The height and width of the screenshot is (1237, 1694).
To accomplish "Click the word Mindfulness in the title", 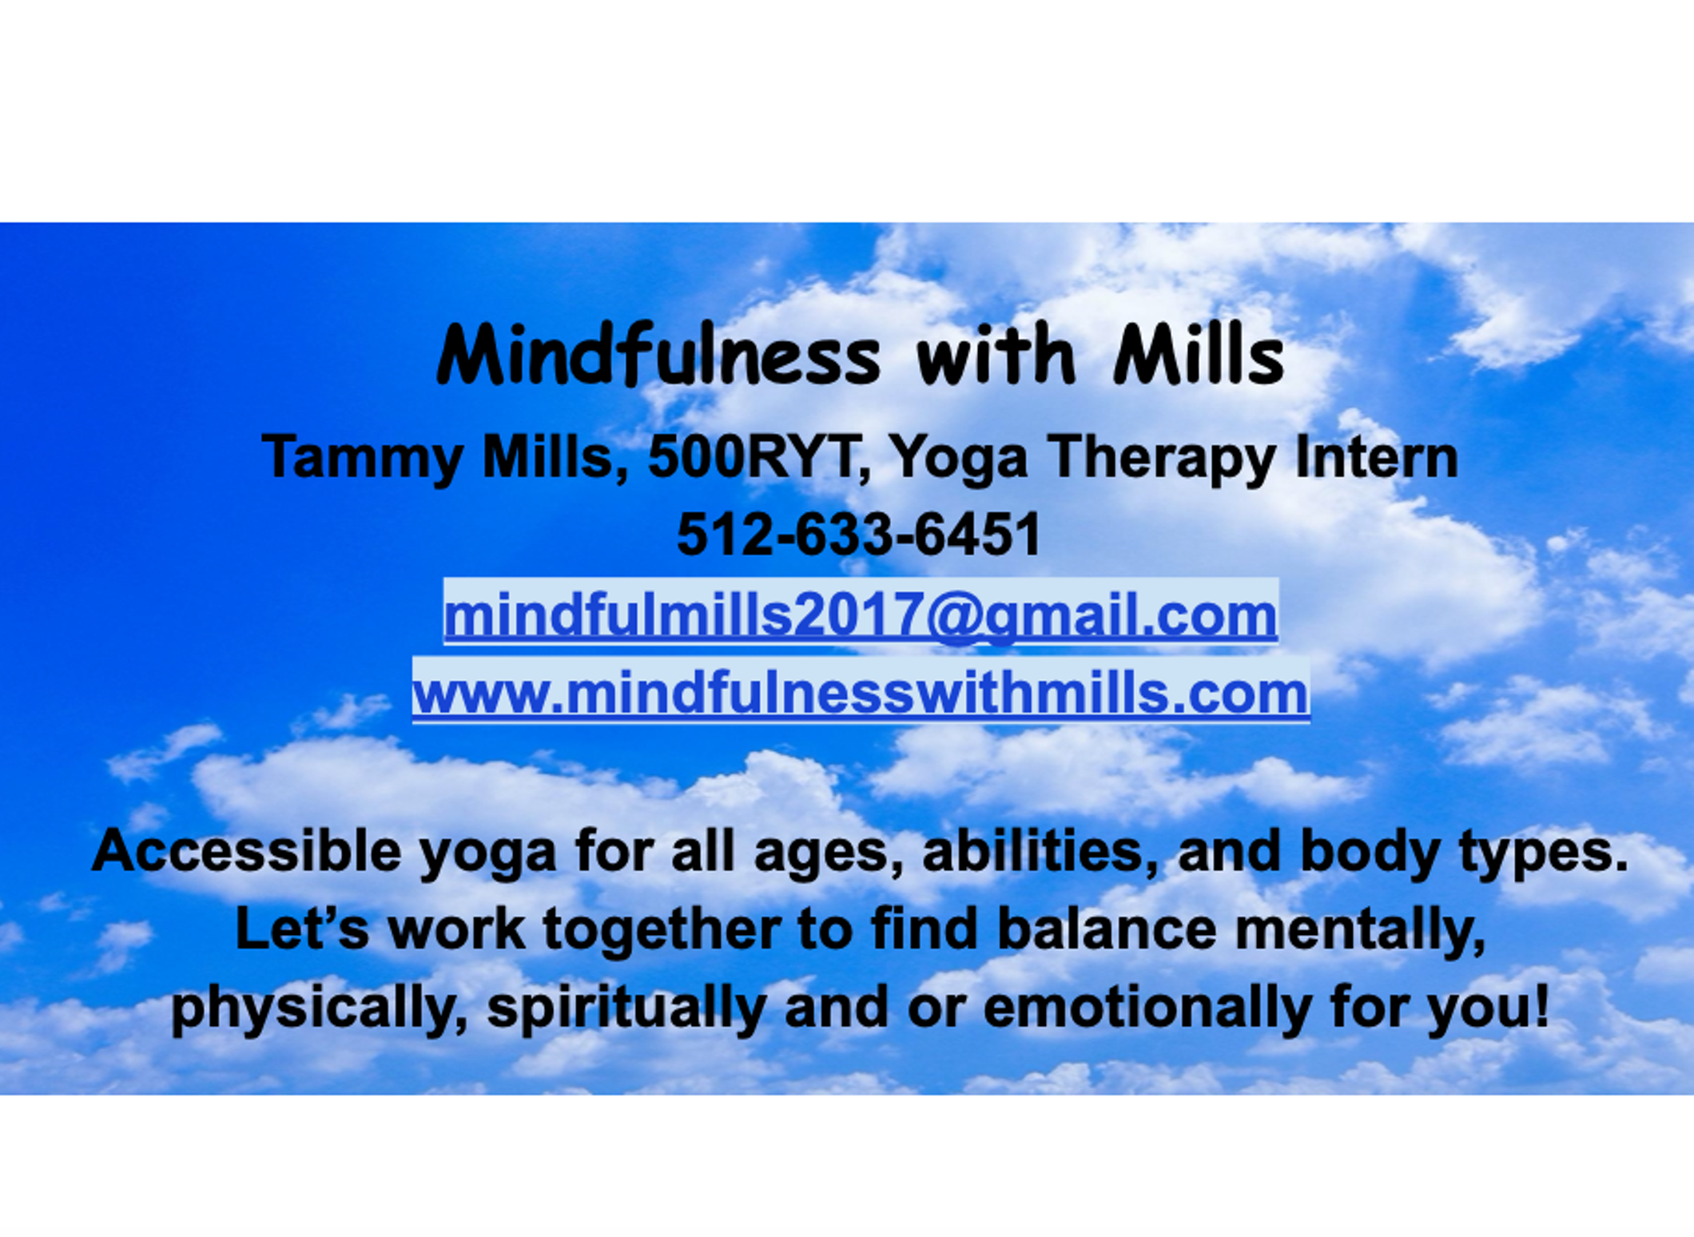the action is click(658, 354).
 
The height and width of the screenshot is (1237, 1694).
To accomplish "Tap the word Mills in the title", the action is click(1199, 354).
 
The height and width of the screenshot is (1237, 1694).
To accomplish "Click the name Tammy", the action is click(362, 458).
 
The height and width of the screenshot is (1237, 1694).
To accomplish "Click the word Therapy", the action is click(1161, 458).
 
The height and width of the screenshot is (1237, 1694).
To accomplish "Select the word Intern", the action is click(1377, 456).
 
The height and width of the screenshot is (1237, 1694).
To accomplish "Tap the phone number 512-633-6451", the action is click(859, 534).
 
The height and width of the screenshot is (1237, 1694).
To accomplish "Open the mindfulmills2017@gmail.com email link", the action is click(861, 615).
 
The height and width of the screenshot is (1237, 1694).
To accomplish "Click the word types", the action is click(1544, 853).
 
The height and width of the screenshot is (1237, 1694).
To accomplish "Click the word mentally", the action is click(1361, 930).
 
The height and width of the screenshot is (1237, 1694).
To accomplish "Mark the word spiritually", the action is click(626, 1008).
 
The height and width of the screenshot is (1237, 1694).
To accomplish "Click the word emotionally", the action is click(1147, 1008).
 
